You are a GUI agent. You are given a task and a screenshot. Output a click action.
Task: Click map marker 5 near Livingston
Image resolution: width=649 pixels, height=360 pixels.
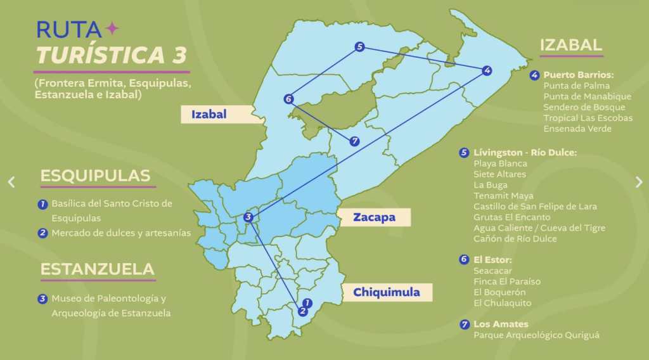pyautogui.click(x=359, y=46)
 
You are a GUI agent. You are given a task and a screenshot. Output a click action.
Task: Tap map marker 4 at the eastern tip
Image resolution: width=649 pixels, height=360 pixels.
pyautogui.click(x=486, y=70)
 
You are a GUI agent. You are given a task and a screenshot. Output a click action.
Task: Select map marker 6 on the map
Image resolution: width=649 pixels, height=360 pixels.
pyautogui.click(x=288, y=99)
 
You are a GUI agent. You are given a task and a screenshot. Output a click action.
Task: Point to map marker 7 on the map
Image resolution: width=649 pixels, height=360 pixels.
pyautogui.click(x=354, y=141)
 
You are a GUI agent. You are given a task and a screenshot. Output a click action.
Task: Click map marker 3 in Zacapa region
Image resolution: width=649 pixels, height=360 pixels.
pyautogui.click(x=248, y=217)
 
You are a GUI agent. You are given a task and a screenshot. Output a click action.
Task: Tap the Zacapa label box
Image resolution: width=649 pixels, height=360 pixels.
pyautogui.click(x=374, y=217)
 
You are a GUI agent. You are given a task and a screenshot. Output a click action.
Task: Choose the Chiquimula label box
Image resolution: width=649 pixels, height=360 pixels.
pyautogui.click(x=387, y=292)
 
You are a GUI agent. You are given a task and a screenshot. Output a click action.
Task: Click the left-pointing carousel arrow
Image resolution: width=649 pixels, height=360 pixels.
pyautogui.click(x=11, y=182)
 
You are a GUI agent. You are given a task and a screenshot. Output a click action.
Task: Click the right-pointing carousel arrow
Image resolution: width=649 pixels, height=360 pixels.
pyautogui.click(x=638, y=182)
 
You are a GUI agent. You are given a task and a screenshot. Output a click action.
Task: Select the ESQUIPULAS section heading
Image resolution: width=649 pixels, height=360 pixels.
pyautogui.click(x=95, y=176)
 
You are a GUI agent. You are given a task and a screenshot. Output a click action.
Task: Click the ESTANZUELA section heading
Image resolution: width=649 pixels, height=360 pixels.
pyautogui.click(x=97, y=269)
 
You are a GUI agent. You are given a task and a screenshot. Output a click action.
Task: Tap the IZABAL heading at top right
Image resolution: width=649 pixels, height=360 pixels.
pyautogui.click(x=570, y=44)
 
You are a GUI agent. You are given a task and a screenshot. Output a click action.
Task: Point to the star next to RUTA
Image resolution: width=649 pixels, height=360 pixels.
pyautogui.click(x=112, y=29)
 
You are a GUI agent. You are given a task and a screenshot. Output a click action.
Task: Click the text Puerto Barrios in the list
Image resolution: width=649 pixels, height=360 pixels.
pyautogui.click(x=579, y=75)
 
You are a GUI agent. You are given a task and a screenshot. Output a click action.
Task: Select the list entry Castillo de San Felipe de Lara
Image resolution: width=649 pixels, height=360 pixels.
pyautogui.click(x=535, y=207)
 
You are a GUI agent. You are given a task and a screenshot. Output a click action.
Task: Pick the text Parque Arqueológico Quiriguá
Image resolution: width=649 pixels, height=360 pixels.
pyautogui.click(x=536, y=335)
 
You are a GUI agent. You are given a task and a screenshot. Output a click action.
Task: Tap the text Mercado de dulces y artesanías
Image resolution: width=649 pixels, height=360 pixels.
pyautogui.click(x=121, y=233)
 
